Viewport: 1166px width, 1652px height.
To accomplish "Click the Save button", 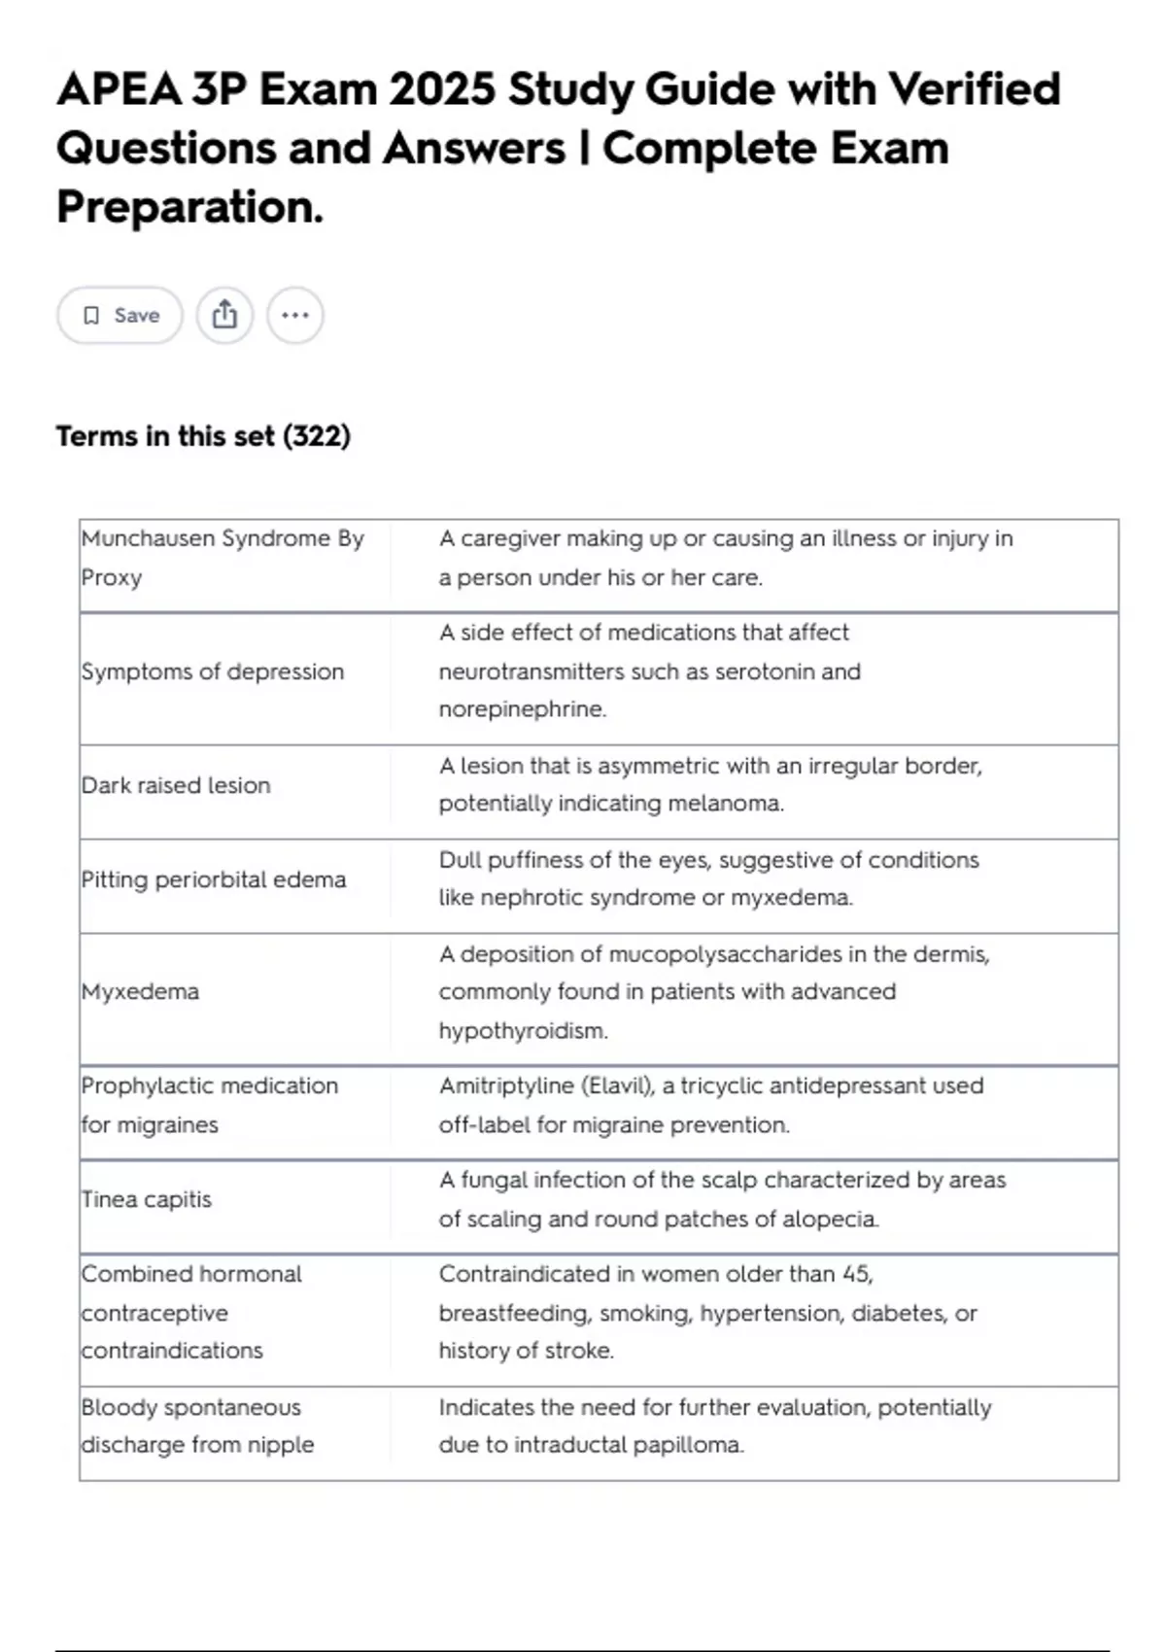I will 120,315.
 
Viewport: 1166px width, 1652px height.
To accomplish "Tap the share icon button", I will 224,315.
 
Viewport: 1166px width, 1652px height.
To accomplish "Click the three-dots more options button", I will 294,315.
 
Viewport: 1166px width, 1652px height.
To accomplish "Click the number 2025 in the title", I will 443,89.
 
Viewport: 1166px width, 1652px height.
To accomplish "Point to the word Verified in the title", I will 974,89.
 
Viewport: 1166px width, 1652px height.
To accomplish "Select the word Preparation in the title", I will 188,207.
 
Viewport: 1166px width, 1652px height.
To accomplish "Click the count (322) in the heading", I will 317,436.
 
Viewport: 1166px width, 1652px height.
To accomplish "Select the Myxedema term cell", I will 141,992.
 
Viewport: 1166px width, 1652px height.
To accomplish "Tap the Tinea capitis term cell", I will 147,1199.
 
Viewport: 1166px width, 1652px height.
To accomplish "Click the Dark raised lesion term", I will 176,785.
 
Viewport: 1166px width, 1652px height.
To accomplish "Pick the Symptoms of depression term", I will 213,671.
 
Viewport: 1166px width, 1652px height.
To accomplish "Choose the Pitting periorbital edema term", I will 214,879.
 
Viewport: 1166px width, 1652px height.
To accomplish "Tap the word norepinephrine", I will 522,709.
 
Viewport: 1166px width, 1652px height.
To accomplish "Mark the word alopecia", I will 832,1219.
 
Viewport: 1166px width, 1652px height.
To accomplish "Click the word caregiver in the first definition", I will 509,538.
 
